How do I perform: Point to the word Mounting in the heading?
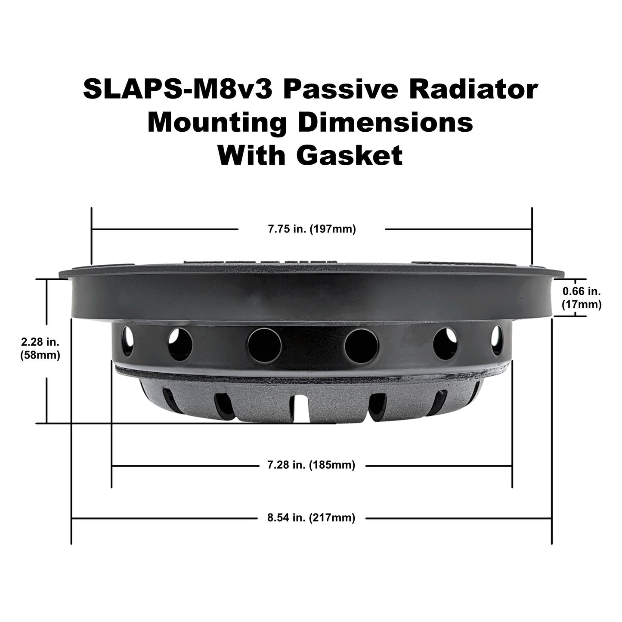217,123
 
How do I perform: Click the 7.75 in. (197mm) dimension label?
312,229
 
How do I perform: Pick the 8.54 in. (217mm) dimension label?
311,518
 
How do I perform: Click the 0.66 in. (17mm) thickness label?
581,298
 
